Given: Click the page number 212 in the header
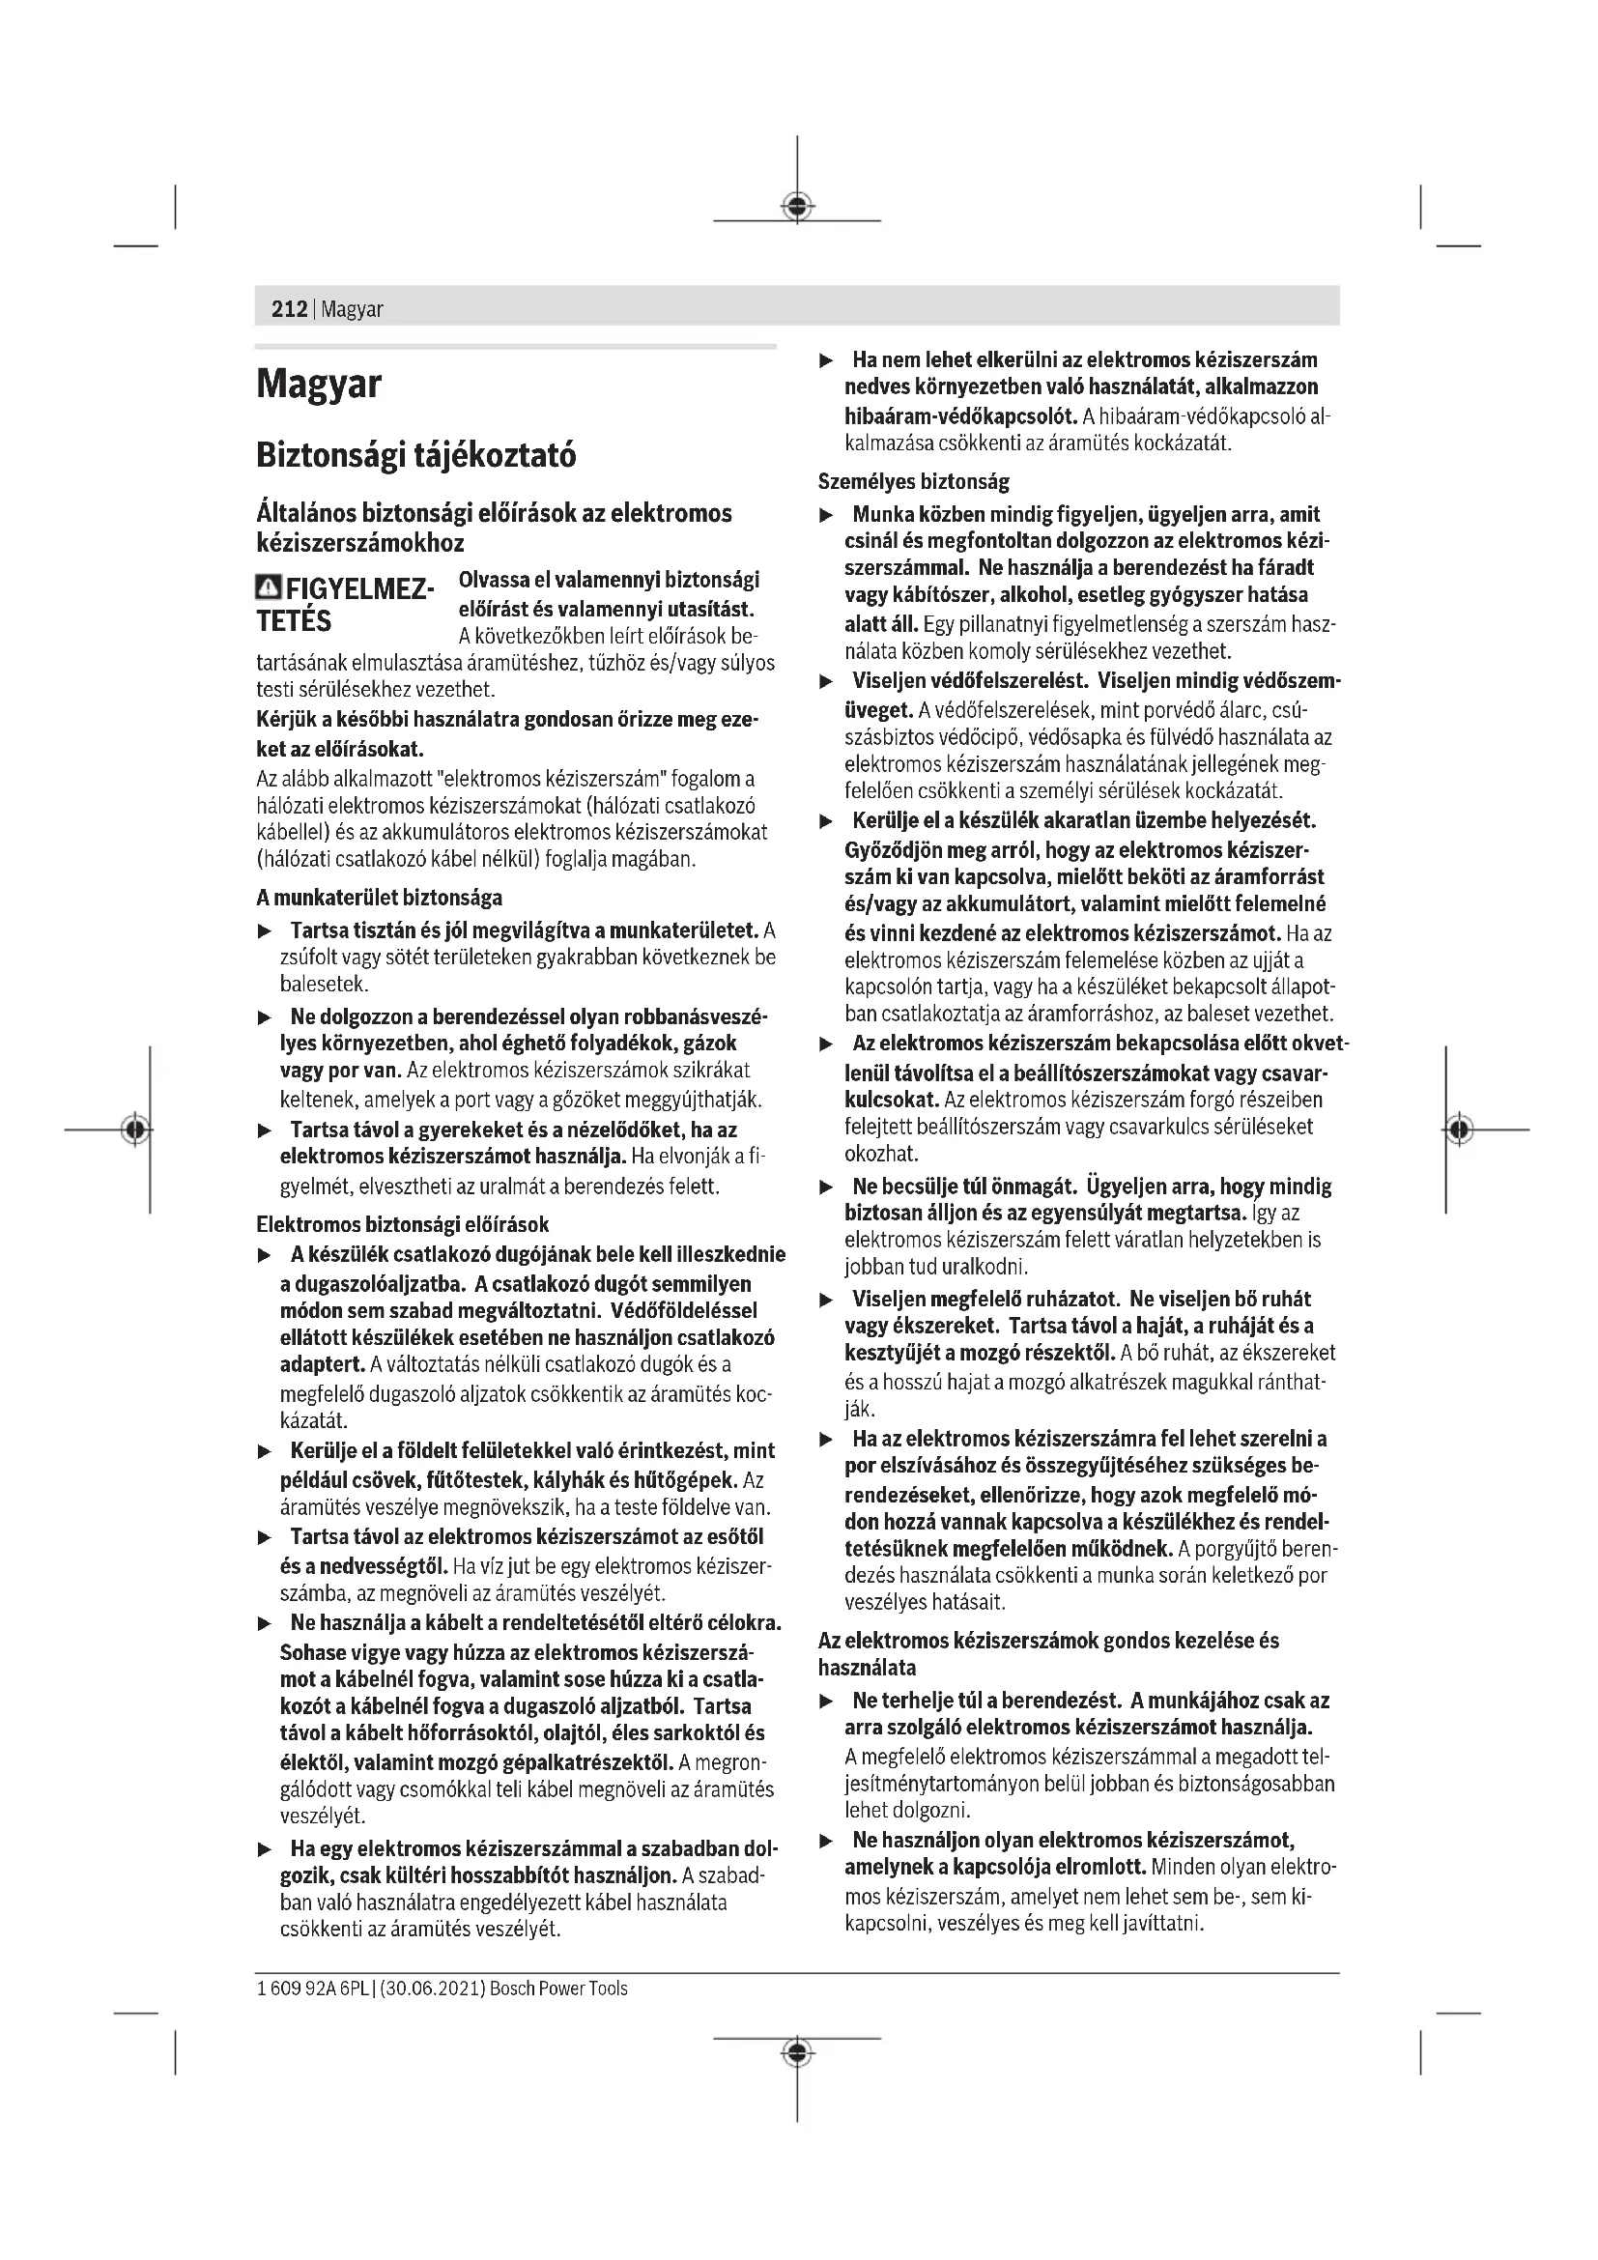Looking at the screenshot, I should [288, 309].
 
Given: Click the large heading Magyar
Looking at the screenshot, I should [319, 384].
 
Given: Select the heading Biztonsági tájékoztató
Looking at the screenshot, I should [416, 456].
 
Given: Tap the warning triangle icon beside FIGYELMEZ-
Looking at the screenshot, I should [268, 588].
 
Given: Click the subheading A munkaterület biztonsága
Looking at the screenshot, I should [379, 898].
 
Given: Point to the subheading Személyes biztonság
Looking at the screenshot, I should [913, 482].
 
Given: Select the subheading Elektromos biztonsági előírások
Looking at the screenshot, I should [403, 1224].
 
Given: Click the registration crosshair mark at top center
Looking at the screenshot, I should [797, 206].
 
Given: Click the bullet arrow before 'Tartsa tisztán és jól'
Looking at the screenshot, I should [264, 931].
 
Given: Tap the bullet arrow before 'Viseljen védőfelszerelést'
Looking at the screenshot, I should [827, 682].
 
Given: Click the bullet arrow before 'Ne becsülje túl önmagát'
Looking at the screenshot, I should [827, 1188].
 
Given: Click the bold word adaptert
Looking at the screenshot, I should [321, 1365].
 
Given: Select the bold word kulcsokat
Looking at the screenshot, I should [891, 1100].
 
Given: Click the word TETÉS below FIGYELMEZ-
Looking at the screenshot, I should [295, 622].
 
